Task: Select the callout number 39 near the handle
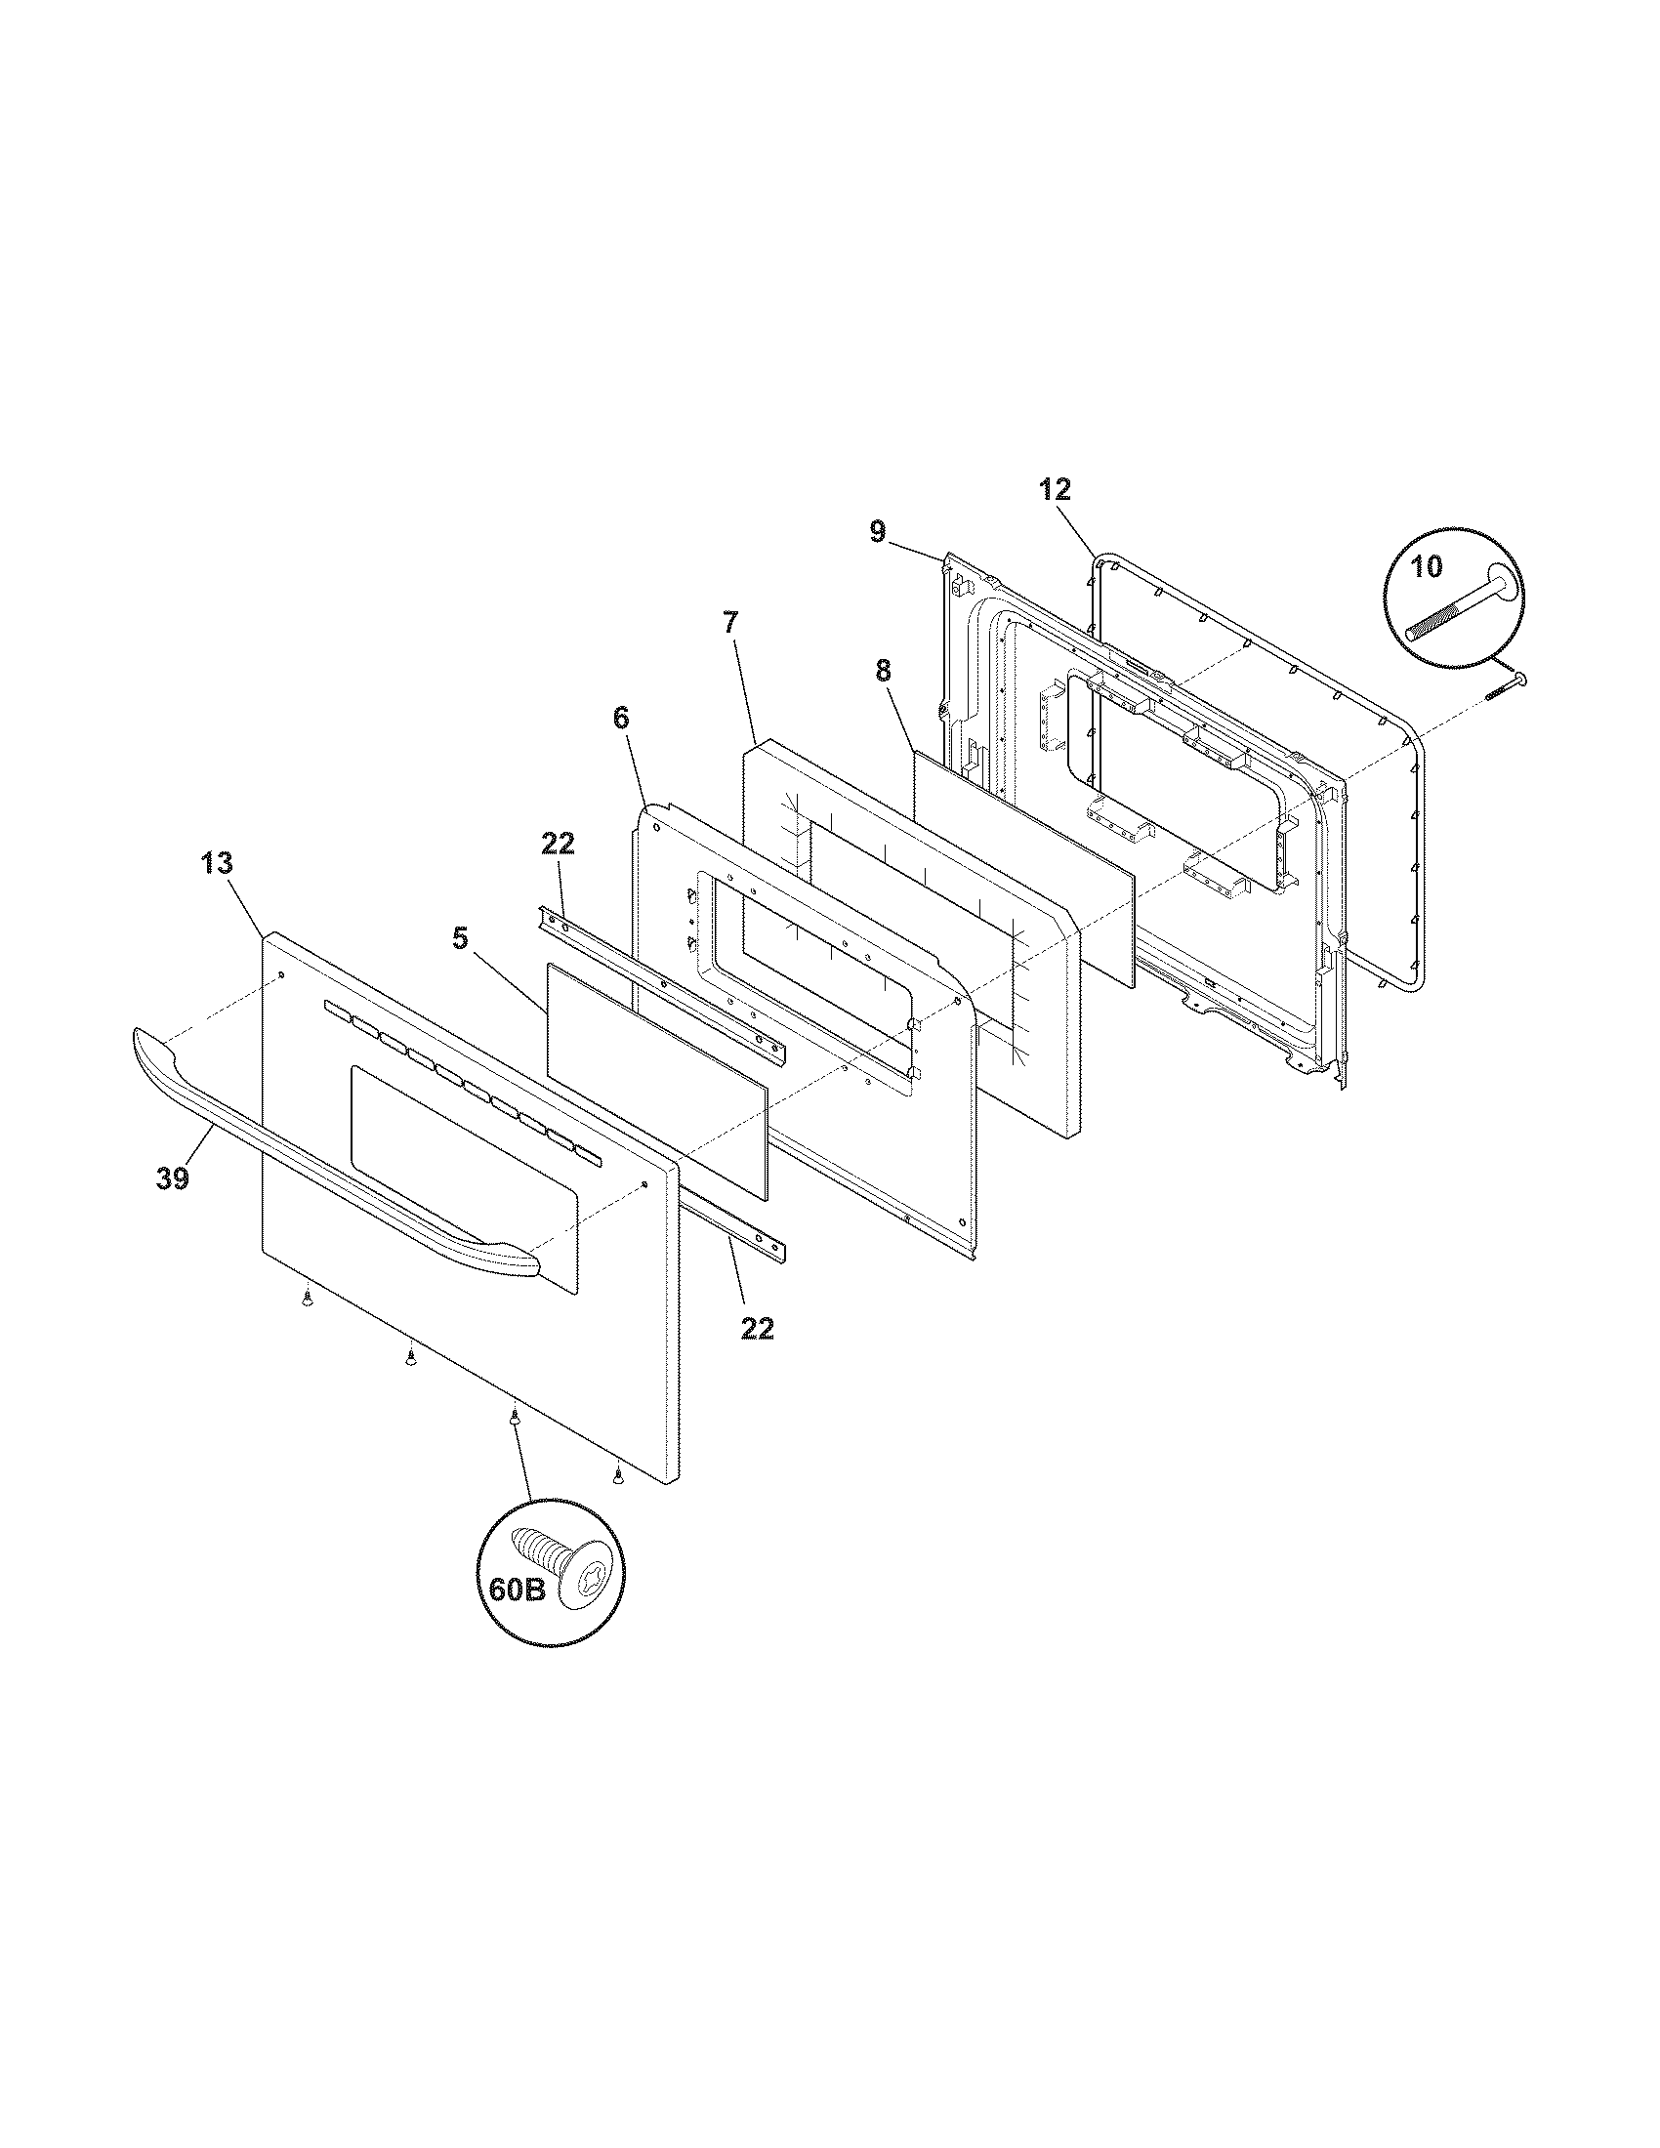(172, 1178)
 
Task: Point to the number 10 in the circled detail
(1426, 566)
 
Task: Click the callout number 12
(1055, 489)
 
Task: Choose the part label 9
(877, 531)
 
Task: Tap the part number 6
(620, 717)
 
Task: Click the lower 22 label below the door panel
(757, 1329)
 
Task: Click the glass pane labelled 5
(657, 1079)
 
